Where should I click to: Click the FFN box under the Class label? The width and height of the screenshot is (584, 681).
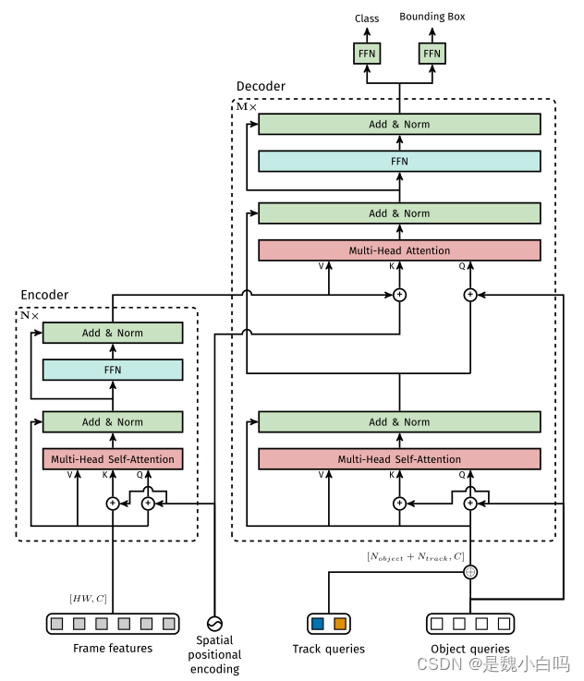[x=367, y=55]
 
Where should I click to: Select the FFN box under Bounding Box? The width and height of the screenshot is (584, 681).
[x=432, y=55]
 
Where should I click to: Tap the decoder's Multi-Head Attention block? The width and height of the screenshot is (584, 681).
[x=399, y=250]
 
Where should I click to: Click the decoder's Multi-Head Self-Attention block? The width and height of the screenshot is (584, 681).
[x=399, y=459]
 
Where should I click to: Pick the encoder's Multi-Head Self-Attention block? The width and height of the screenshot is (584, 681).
[x=113, y=459]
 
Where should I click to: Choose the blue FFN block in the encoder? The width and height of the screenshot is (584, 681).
[x=113, y=370]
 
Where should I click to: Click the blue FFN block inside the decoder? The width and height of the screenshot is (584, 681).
[x=399, y=161]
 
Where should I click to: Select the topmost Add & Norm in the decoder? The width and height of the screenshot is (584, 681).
[x=399, y=125]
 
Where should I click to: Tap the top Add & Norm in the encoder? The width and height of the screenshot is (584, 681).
[x=113, y=334]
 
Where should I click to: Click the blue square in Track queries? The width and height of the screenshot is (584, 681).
[x=317, y=624]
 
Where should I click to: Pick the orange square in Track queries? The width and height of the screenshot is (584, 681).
[x=340, y=624]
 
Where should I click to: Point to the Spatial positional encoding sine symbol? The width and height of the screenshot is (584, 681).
[x=214, y=622]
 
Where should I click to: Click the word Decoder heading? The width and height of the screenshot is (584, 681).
[x=261, y=87]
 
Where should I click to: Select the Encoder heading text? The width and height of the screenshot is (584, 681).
[x=44, y=295]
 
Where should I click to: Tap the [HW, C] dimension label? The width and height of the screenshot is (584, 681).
[x=89, y=599]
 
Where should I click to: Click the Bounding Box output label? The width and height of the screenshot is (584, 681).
[x=432, y=18]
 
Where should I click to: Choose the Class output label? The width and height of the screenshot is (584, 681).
[x=367, y=18]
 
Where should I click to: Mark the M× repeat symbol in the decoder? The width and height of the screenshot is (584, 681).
[x=247, y=106]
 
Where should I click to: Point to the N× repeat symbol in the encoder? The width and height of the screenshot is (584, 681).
[x=30, y=315]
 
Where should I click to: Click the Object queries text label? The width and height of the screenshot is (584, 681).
[x=469, y=649]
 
